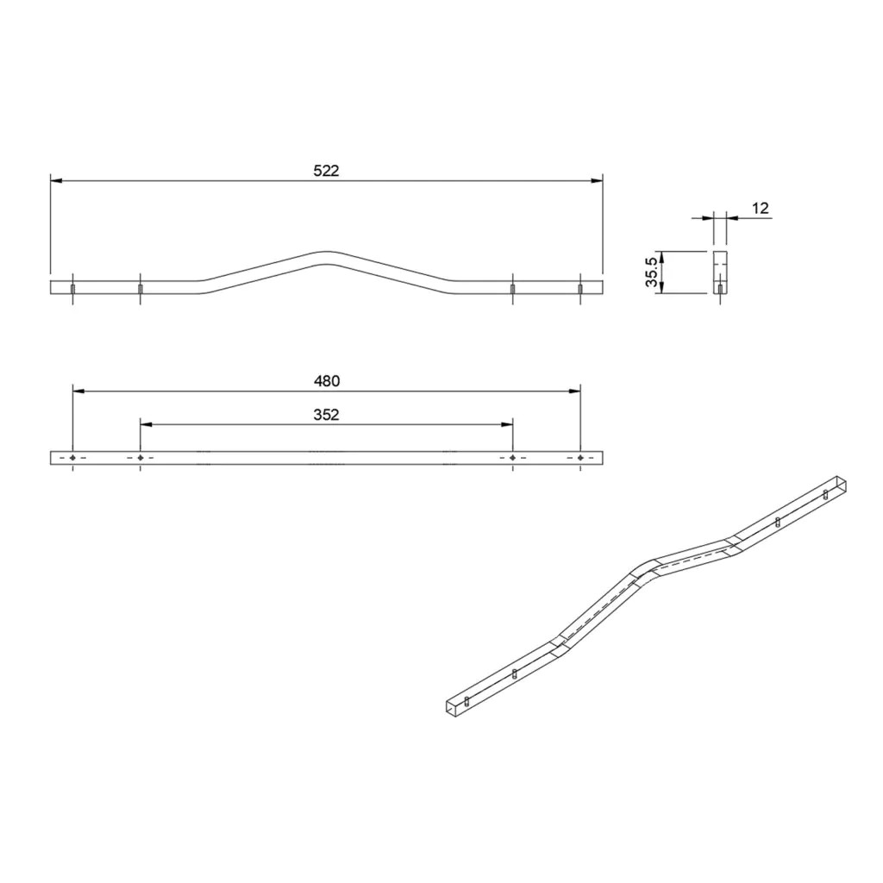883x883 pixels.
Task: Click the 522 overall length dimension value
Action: coord(326,171)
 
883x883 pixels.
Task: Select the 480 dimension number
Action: coord(327,381)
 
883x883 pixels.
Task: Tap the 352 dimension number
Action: coord(327,415)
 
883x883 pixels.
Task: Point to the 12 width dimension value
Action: coord(761,209)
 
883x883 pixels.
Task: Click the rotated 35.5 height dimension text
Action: coord(652,272)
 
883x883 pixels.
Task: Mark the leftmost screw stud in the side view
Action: coord(72,289)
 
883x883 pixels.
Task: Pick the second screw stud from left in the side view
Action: coord(141,289)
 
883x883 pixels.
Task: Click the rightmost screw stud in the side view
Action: coord(580,289)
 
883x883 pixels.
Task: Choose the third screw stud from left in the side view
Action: coord(512,289)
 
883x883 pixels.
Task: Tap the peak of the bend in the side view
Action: coord(326,252)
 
